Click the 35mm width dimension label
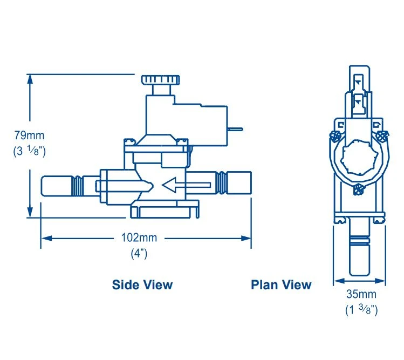361,295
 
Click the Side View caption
142,284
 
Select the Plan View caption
281,284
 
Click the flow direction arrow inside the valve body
186,185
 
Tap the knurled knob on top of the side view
159,80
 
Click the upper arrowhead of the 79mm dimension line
31,78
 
